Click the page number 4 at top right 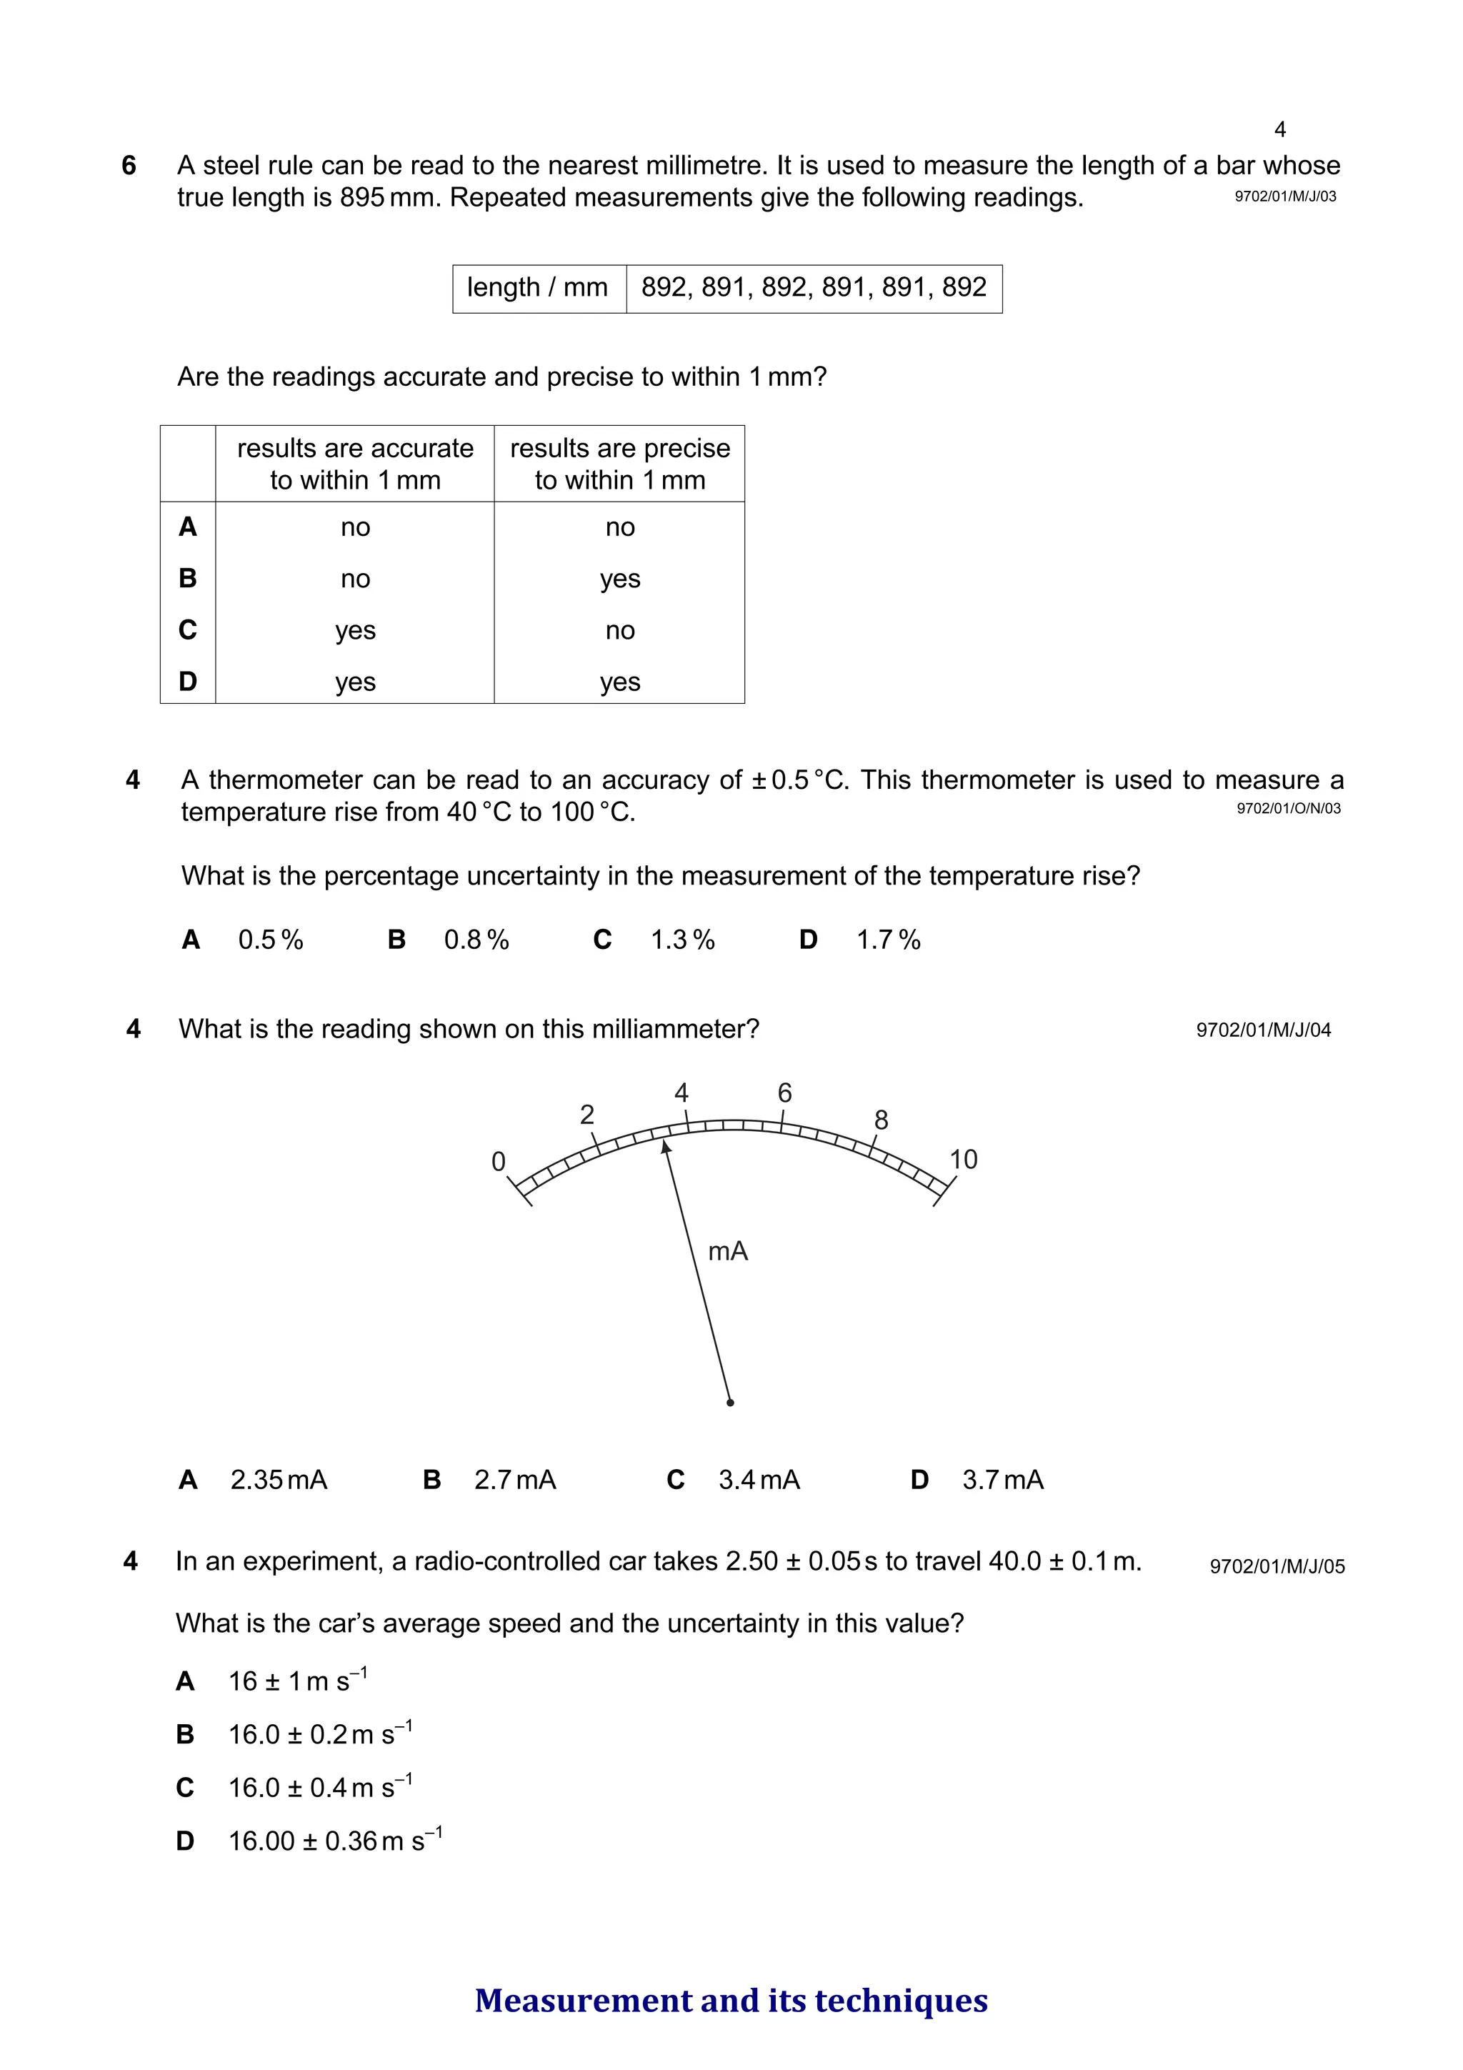coord(1279,130)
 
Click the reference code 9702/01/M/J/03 coord(1284,196)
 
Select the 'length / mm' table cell coord(537,288)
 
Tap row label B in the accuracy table coord(187,578)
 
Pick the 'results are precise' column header coord(619,464)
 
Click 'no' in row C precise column coord(619,630)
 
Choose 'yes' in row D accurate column coord(355,682)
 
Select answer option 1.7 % coord(887,940)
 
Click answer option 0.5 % coord(269,940)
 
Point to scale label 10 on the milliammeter coord(963,1160)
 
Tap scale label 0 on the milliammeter coord(499,1162)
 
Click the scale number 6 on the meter coord(784,1093)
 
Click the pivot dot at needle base coord(730,1402)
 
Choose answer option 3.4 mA coord(758,1480)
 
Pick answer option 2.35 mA coord(278,1480)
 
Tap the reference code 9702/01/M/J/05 coord(1277,1566)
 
